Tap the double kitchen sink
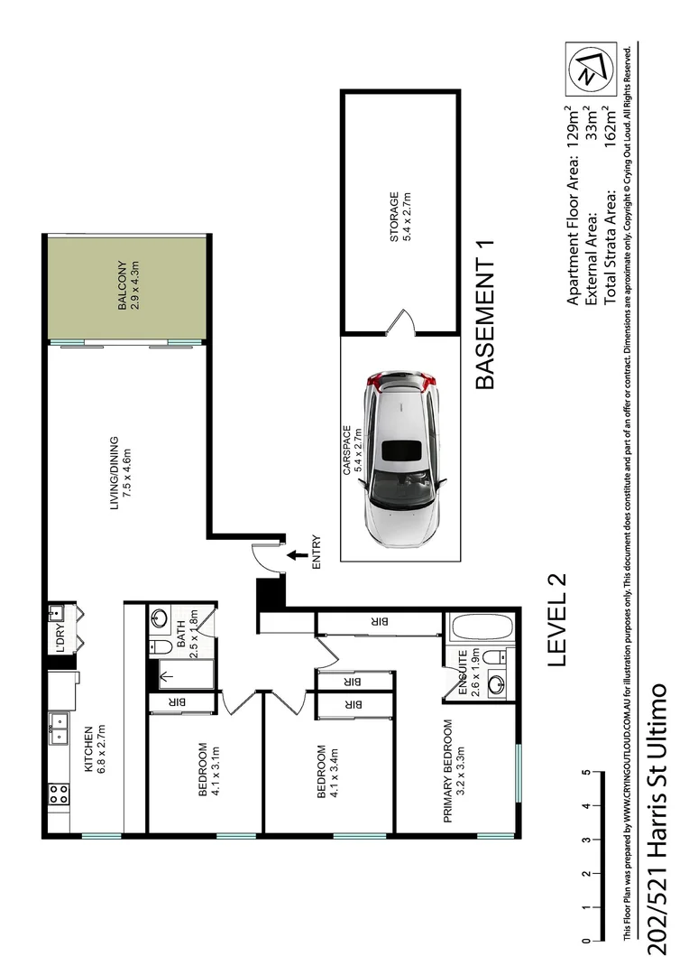click(x=59, y=728)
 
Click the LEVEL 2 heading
click(x=556, y=620)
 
